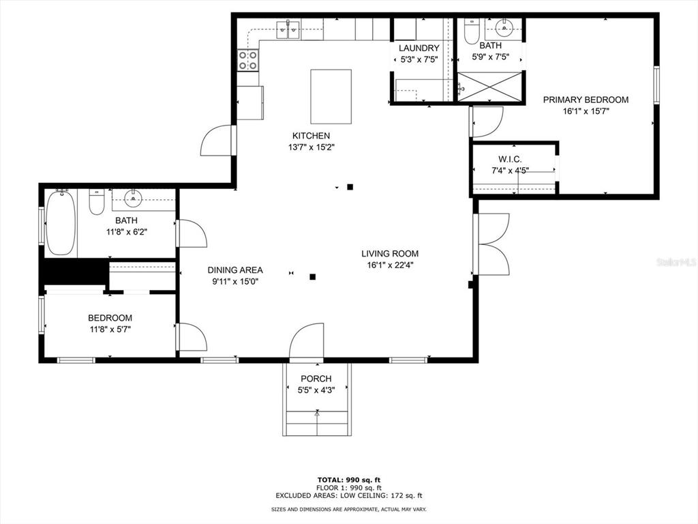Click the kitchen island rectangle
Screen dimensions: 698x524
tap(331, 96)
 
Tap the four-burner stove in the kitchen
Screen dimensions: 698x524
tap(248, 60)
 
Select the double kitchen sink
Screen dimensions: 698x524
tap(288, 30)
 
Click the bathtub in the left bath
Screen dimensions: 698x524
tap(61, 223)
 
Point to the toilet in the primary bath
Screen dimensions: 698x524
tap(471, 31)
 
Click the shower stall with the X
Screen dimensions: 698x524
tap(489, 87)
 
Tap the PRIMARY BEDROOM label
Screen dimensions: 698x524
tap(586, 100)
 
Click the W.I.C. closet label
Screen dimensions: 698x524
tap(510, 159)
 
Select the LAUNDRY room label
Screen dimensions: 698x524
tap(419, 48)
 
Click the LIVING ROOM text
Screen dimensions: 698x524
tap(390, 254)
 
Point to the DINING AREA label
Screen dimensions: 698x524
tap(235, 270)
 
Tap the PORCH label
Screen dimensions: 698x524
tap(316, 379)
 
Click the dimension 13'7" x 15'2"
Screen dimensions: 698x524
tap(311, 147)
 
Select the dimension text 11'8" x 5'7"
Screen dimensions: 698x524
tap(110, 330)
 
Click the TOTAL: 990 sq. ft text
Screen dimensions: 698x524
tap(348, 480)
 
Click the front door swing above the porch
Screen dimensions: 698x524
tap(306, 341)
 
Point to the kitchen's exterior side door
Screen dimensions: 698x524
tap(218, 141)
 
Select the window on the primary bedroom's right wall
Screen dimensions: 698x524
tap(656, 85)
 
